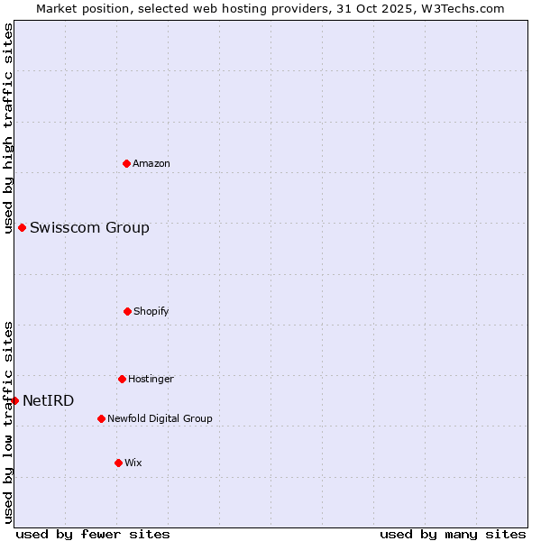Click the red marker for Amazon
point(127,163)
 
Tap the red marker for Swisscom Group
point(22,227)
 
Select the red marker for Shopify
point(127,311)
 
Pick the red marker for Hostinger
point(122,379)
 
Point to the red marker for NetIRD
point(14,400)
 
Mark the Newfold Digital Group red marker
point(101,418)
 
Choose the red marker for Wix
point(118,463)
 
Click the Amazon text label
point(151,163)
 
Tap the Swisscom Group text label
point(89,227)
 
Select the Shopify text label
point(151,311)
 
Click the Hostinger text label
point(151,379)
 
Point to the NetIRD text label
point(48,400)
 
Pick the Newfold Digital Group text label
point(160,418)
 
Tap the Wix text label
point(133,463)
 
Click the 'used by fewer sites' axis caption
point(93,534)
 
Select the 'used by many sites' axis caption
point(453,534)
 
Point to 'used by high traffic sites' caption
point(8,129)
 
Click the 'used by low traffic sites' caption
point(8,422)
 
